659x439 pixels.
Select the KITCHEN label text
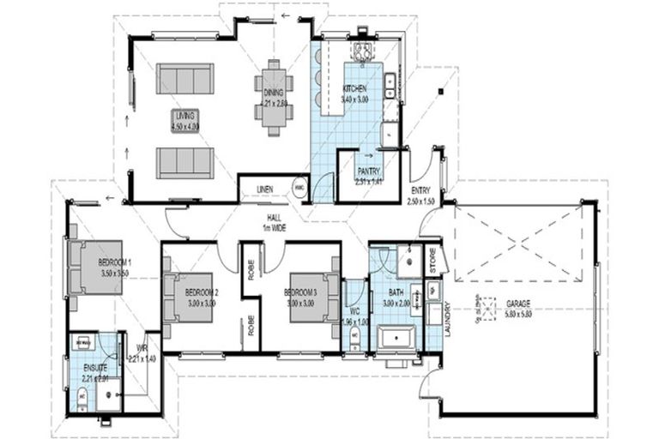(x=355, y=89)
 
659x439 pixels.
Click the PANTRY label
(x=370, y=170)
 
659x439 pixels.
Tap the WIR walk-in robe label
(x=142, y=350)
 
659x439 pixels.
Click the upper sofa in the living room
(x=184, y=79)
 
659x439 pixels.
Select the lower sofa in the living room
(x=184, y=160)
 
